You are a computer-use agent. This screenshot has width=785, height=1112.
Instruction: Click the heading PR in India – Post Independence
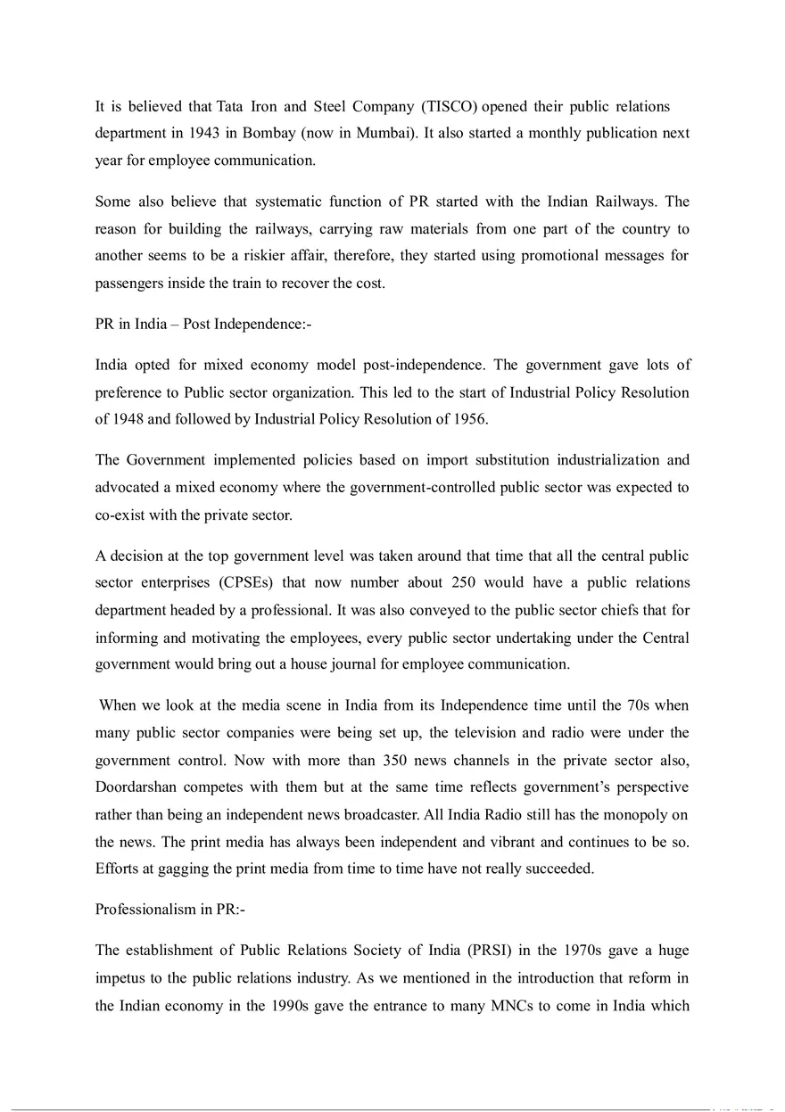[203, 325]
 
